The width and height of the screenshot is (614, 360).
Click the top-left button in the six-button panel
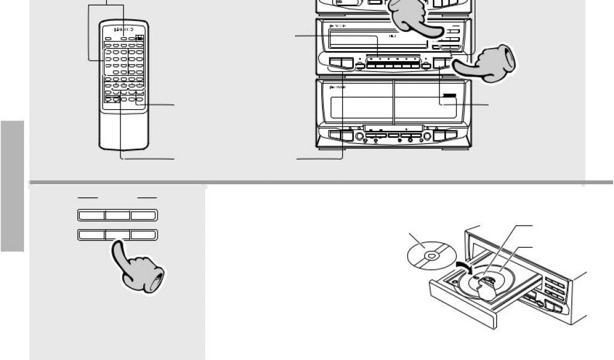pos(91,215)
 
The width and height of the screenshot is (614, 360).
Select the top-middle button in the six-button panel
pos(118,215)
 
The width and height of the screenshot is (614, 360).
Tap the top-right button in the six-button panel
pos(144,215)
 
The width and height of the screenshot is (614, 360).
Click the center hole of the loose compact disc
pos(429,256)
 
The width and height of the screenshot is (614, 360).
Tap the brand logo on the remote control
pos(124,29)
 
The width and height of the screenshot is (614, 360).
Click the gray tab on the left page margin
pos(12,186)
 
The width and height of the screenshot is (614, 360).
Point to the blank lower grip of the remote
pos(124,129)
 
